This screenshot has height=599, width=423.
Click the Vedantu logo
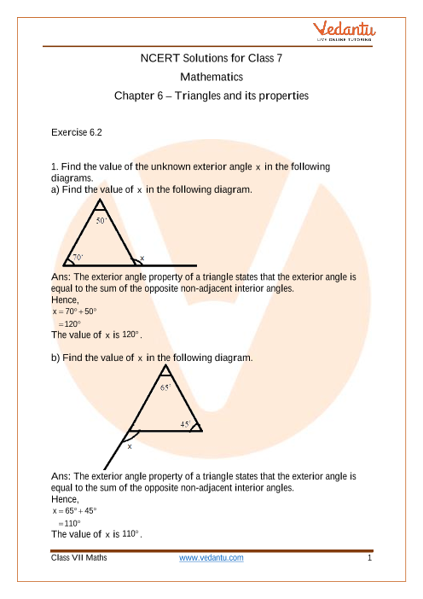point(344,32)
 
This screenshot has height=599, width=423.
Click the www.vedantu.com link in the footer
point(211,558)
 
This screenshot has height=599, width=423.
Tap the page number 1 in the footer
point(369,558)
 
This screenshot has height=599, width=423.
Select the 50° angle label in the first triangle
point(101,220)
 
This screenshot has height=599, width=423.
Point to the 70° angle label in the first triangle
point(78,258)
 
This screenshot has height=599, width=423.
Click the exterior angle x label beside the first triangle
point(142,259)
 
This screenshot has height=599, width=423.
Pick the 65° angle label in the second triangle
point(165,387)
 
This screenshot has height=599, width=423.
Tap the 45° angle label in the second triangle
point(186,424)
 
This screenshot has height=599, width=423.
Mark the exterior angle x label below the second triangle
point(130,446)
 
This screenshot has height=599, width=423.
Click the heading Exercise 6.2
point(77,132)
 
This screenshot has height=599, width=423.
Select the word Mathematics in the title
point(211,77)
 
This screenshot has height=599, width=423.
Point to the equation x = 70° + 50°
point(75,311)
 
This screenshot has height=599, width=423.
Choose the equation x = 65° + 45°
point(75,511)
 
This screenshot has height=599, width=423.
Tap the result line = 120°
point(69,324)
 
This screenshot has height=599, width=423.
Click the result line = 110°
point(69,523)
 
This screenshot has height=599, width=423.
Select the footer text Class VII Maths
point(79,558)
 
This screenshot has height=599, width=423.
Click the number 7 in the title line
point(279,58)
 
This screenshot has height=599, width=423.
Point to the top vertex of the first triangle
point(100,199)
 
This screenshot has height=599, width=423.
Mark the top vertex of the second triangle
point(165,365)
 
